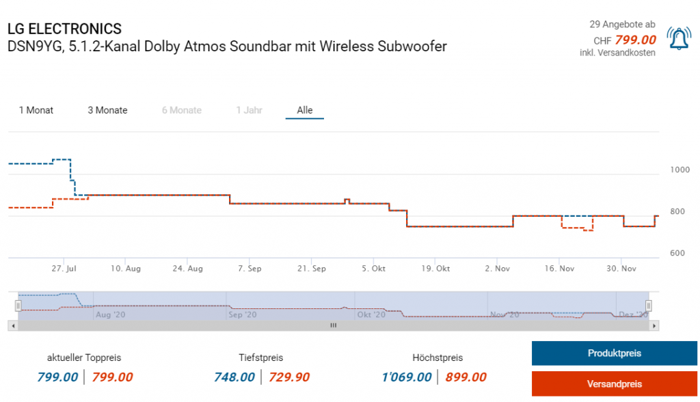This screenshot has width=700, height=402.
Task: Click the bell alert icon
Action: (x=678, y=40)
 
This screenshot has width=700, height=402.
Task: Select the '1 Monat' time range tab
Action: (x=36, y=110)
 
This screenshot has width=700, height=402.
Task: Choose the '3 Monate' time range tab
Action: (x=107, y=110)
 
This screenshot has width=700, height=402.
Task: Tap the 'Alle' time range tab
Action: (x=304, y=110)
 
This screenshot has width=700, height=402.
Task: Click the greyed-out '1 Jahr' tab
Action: (x=249, y=110)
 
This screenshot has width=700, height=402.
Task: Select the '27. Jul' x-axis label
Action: (x=63, y=269)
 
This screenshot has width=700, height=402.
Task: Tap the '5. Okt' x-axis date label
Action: (x=373, y=269)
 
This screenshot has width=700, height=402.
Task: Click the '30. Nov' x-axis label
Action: (x=621, y=269)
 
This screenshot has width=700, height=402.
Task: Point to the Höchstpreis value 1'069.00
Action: (x=407, y=377)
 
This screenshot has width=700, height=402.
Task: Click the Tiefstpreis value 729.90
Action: (x=289, y=377)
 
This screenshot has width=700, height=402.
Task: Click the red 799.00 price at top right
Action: (x=635, y=40)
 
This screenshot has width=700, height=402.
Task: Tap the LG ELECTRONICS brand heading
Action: (x=64, y=29)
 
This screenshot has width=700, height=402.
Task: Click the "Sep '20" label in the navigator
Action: (x=242, y=315)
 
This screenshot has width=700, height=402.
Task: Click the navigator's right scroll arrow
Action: (x=654, y=325)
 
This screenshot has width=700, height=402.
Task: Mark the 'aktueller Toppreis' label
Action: (x=84, y=358)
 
